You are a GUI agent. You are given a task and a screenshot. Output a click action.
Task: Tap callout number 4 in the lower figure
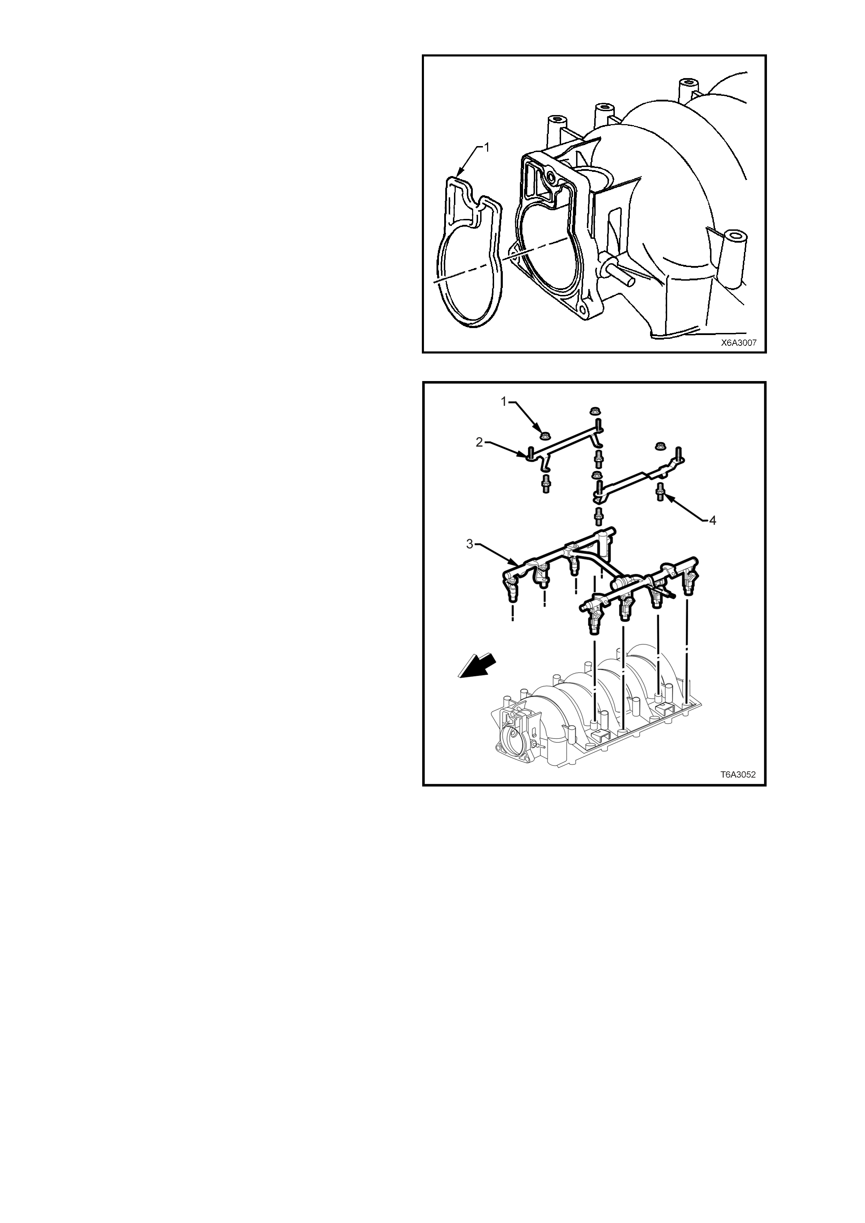point(713,521)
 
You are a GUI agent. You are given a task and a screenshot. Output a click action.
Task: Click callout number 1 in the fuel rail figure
point(504,403)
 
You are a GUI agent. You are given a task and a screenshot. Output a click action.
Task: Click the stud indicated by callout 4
point(660,491)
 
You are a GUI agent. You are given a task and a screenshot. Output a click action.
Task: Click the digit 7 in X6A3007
point(754,343)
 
